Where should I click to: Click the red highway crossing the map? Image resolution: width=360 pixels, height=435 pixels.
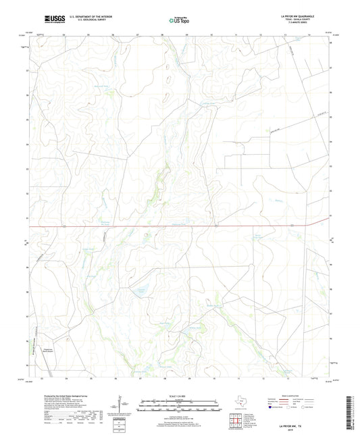(x=203, y=225)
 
